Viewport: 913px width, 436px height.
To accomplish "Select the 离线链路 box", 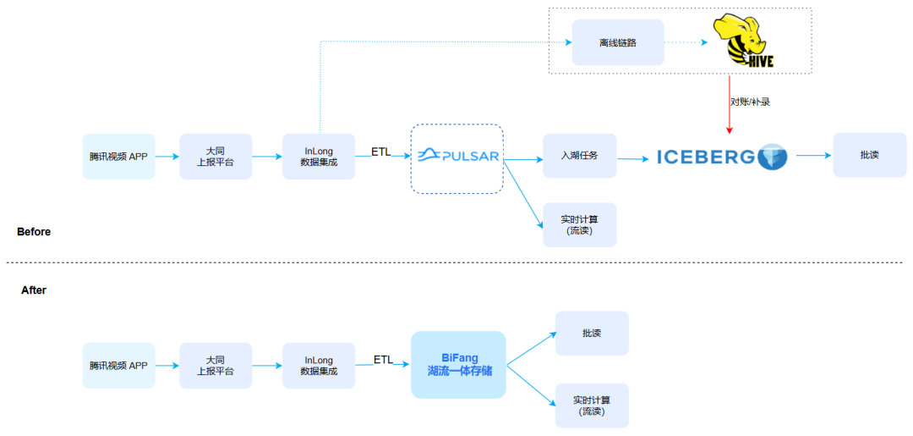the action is point(618,42).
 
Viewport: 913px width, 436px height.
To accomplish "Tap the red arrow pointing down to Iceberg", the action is point(730,104).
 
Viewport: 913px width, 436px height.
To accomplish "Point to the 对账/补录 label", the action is point(751,101).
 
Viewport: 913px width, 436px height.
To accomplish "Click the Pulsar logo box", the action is point(457,158).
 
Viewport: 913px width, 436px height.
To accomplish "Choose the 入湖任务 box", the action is point(579,156).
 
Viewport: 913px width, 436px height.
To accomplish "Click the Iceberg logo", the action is point(722,157).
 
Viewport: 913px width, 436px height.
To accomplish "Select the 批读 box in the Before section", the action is point(869,155).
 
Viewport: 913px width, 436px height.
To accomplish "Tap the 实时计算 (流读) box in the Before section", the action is point(579,224).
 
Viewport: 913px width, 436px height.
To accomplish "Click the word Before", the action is point(34,232).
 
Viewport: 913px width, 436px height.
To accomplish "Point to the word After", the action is point(34,290).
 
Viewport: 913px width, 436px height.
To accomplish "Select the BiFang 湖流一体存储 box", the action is point(458,365).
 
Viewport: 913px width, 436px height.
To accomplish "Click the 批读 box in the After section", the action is point(592,334).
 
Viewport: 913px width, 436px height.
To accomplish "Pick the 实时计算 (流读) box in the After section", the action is point(592,406).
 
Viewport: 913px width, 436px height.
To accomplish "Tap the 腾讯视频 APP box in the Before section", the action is point(119,157).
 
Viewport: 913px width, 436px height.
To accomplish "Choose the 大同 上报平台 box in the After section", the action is point(216,366).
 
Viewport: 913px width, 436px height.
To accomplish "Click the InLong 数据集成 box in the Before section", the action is point(319,157).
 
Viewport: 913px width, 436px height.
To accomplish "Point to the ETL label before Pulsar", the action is point(381,151).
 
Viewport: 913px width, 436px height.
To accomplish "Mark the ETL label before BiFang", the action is point(383,360).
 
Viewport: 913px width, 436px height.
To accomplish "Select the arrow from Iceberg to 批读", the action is point(813,156).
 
